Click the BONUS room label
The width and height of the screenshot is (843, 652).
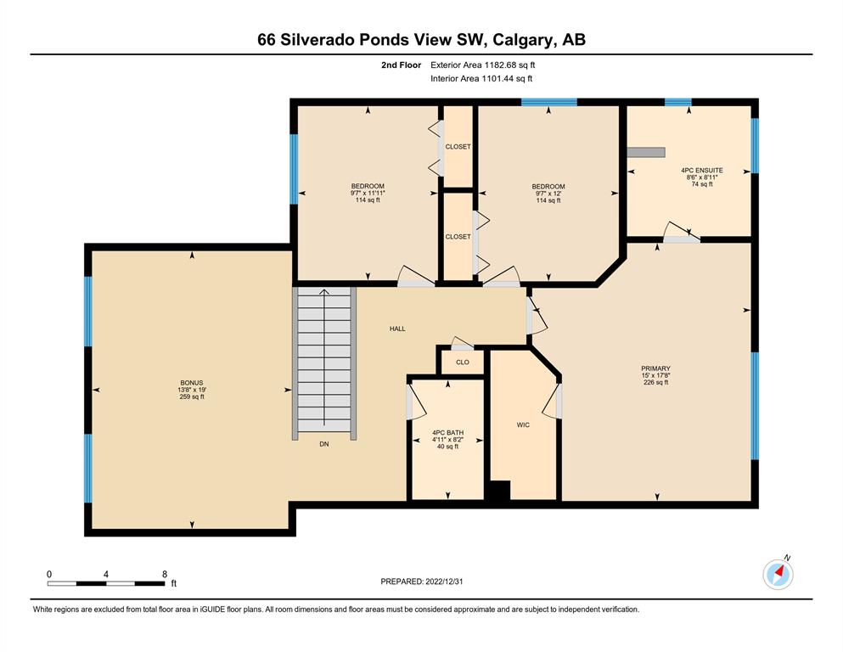192,383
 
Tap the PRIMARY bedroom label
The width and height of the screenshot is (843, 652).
655,368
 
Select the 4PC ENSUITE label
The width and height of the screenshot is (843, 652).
701,171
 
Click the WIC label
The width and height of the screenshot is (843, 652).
523,425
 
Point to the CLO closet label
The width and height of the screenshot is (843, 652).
463,363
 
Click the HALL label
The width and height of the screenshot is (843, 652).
397,329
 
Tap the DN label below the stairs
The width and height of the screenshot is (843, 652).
324,444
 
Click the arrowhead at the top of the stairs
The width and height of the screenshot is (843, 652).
324,292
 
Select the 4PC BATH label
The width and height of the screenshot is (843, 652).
448,433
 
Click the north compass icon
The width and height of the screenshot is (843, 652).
778,574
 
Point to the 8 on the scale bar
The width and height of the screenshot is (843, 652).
165,574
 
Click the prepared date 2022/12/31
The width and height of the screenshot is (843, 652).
444,582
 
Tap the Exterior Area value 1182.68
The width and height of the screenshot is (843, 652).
500,65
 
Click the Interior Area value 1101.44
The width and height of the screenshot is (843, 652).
497,78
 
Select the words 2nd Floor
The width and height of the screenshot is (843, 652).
401,65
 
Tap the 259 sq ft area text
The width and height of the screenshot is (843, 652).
192,396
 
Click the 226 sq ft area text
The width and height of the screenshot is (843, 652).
655,382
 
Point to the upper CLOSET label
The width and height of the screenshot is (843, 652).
458,147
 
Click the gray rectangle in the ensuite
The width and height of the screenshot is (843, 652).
646,153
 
